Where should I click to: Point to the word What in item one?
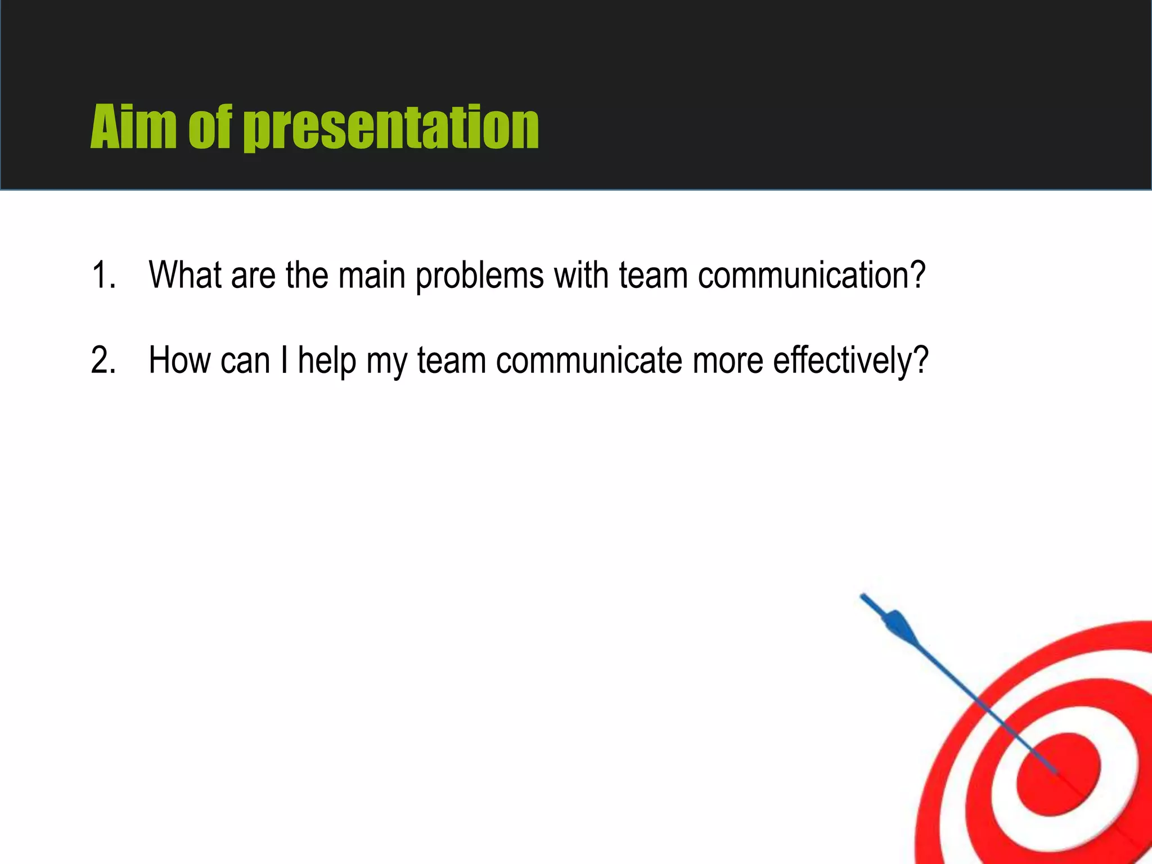pyautogui.click(x=185, y=275)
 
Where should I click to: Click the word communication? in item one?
pyautogui.click(x=811, y=275)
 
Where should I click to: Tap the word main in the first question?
pyautogui.click(x=371, y=275)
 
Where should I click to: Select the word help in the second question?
pyautogui.click(x=327, y=360)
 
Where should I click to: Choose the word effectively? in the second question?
pyautogui.click(x=850, y=360)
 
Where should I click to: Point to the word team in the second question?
pyautogui.click(x=452, y=360)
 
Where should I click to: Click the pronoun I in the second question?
pyautogui.click(x=284, y=360)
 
